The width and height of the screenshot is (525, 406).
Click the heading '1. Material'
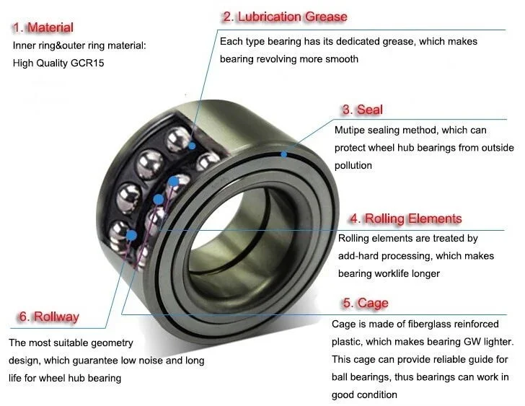43,28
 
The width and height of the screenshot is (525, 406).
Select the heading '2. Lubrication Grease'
285,17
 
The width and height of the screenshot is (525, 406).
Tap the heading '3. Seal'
362,110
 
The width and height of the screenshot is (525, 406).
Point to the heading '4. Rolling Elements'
405,219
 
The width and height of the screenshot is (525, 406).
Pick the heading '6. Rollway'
48,317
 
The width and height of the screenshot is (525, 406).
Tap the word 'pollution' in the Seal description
353,165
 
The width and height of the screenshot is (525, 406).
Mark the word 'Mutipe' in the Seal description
351,131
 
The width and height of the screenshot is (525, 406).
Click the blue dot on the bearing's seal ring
285,153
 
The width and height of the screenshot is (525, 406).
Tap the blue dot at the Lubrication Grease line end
193,145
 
